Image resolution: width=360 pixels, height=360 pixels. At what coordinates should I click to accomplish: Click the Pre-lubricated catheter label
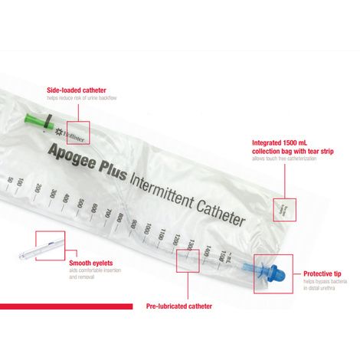pyautogui.click(x=178, y=306)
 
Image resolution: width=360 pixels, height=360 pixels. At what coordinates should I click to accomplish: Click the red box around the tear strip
pyautogui.click(x=283, y=208)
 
